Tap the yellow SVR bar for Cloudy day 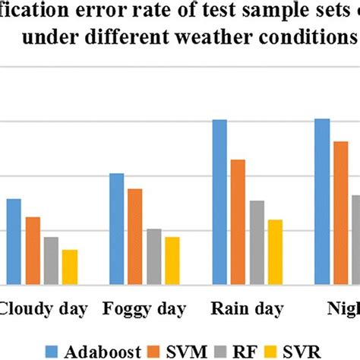[x=69, y=267]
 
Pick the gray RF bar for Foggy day [x=154, y=257]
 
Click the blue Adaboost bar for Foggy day [x=117, y=229]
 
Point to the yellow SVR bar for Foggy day [x=172, y=261]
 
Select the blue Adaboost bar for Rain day [x=219, y=202]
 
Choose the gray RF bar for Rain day [x=257, y=242]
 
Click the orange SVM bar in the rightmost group [x=341, y=213]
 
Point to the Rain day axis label [x=247, y=309]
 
